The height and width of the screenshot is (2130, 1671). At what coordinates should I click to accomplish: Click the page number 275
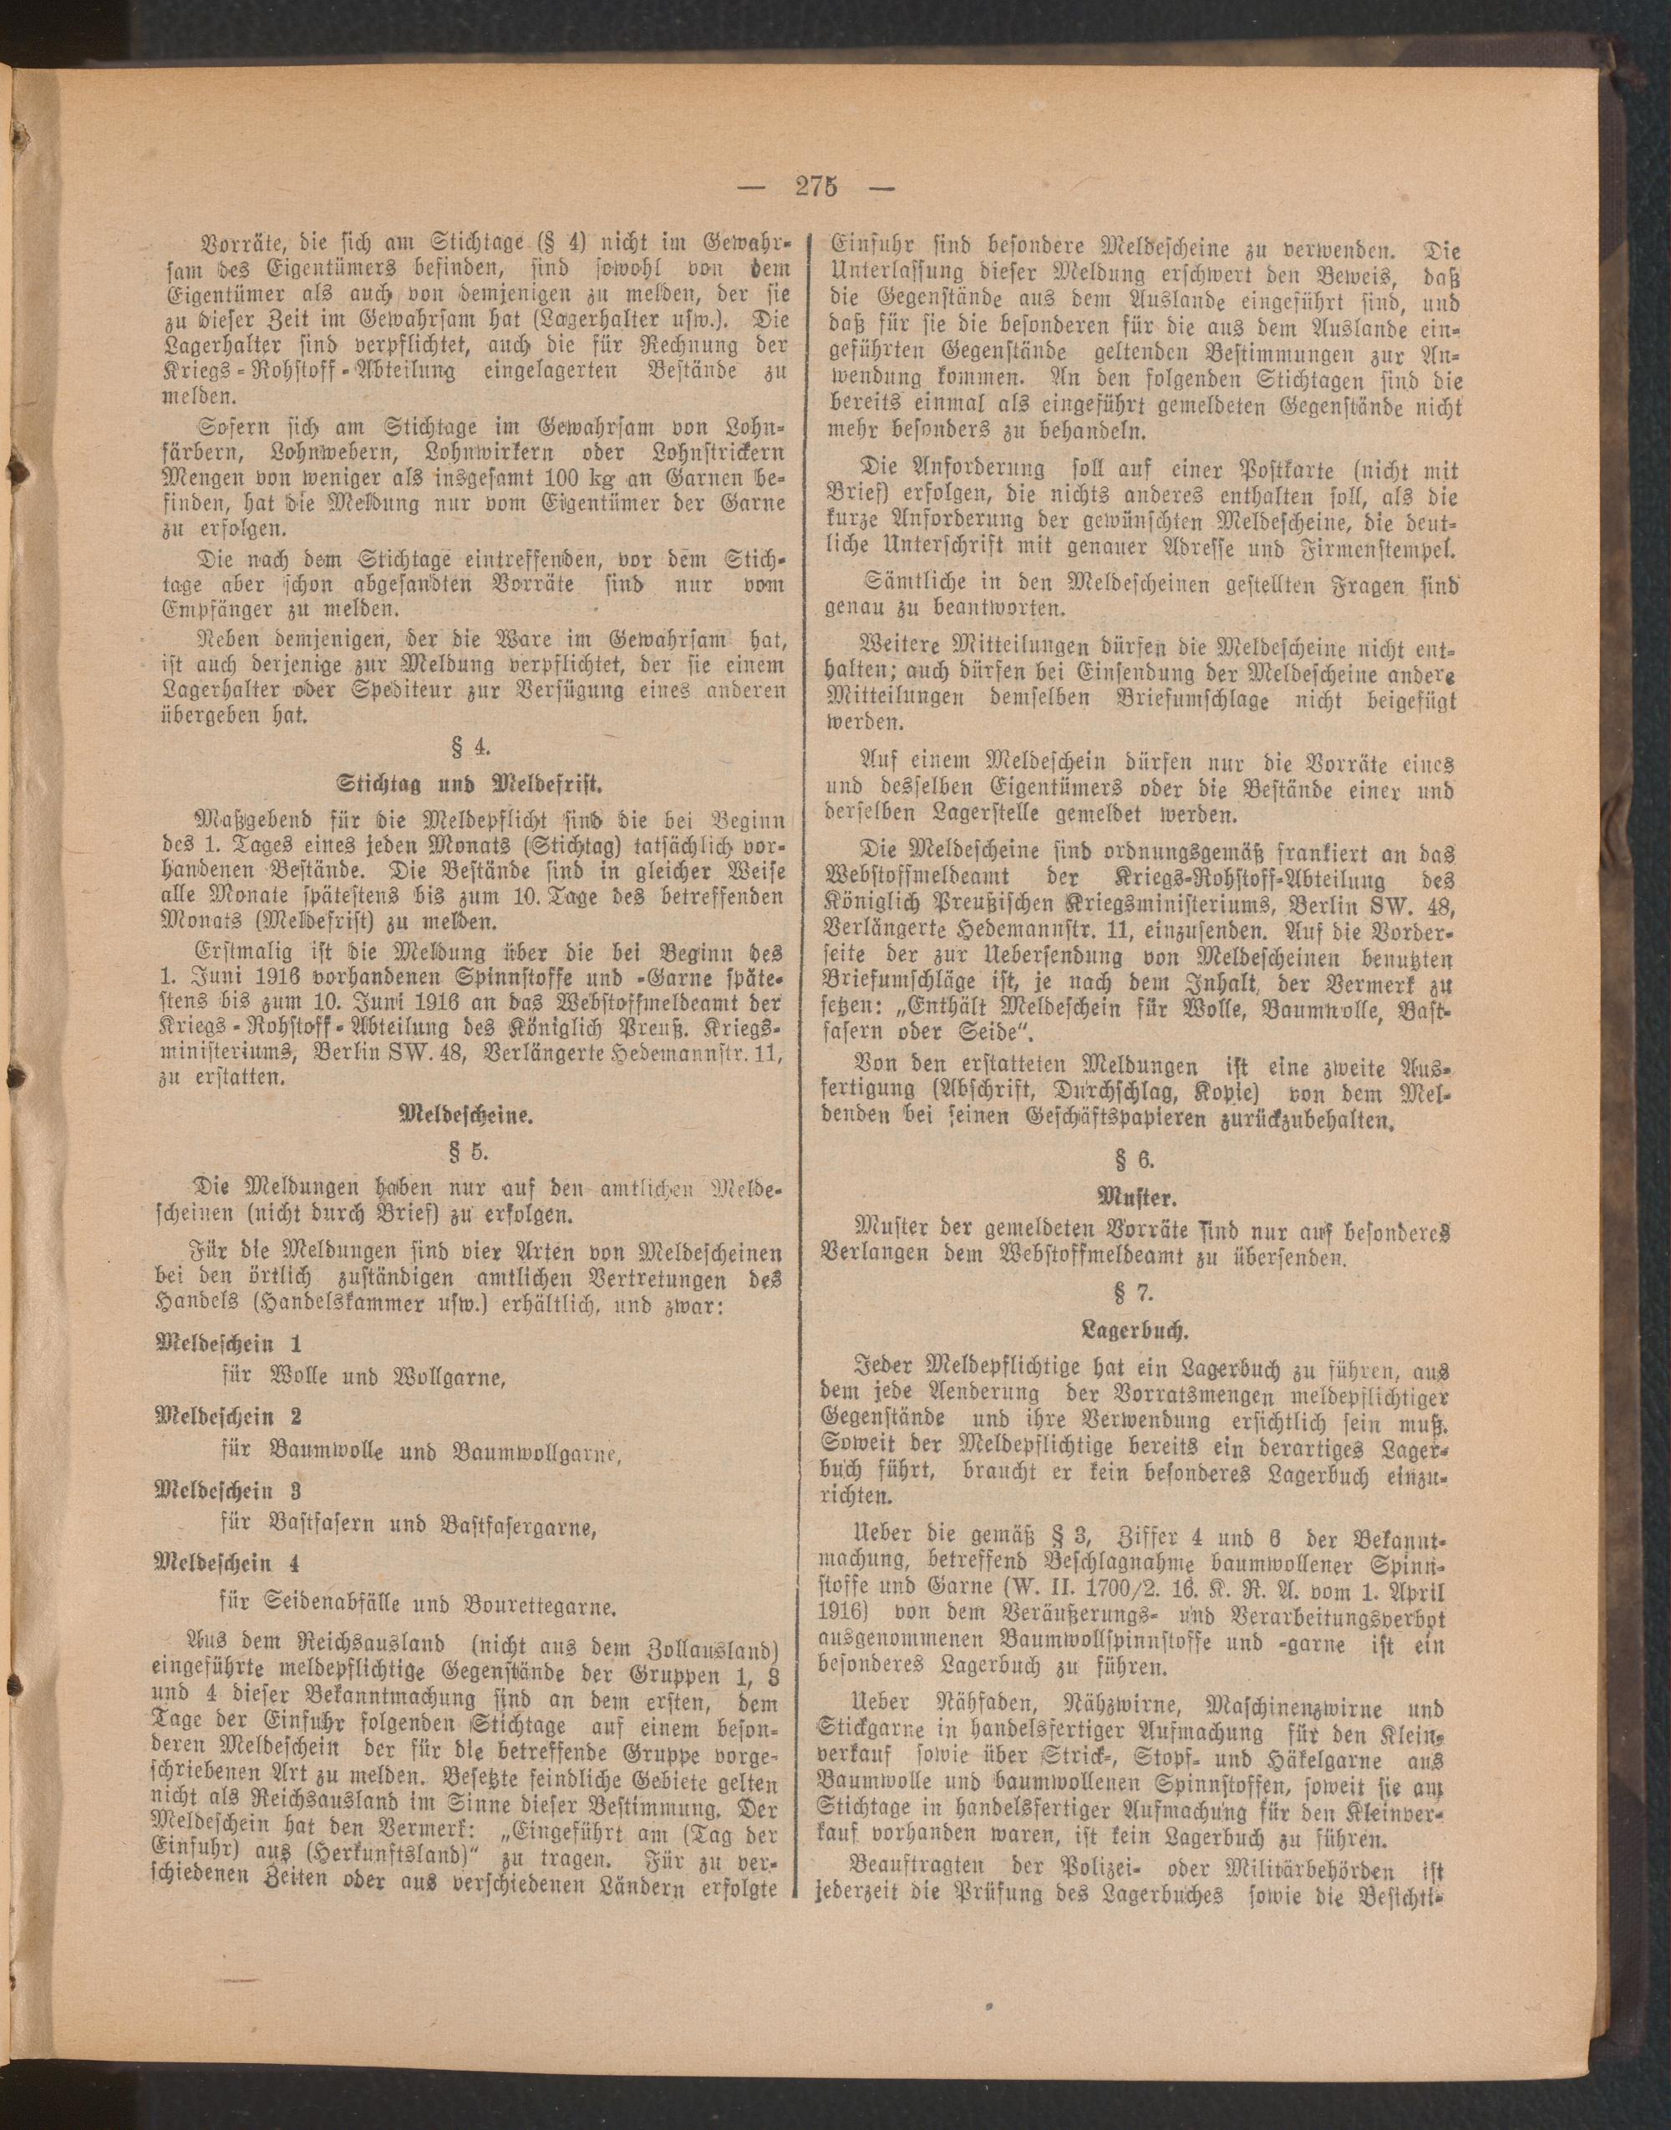click(814, 187)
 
